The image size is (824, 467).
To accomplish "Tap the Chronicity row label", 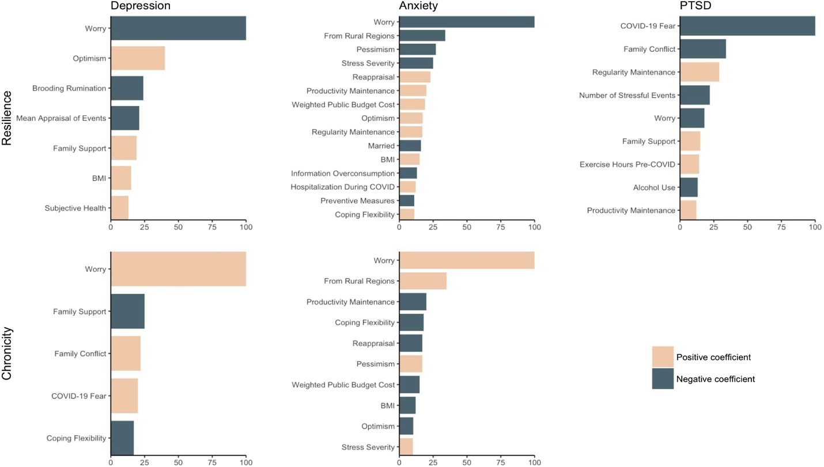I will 7,353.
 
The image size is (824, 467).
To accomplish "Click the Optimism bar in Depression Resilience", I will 138,58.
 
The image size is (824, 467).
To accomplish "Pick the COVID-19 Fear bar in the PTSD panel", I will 747,26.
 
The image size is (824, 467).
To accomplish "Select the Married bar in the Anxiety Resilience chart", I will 410,146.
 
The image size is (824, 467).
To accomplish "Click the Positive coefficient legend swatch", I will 663,357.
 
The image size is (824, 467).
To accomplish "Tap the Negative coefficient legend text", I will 715,379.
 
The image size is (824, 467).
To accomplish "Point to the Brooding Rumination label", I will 69,88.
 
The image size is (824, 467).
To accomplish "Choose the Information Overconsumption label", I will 343,173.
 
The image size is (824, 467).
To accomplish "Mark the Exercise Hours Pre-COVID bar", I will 689,164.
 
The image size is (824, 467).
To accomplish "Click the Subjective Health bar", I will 119,208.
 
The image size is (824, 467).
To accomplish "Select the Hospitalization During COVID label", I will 343,187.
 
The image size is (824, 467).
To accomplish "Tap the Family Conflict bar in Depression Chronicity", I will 126,354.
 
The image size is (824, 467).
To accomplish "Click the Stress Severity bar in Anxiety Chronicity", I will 406,447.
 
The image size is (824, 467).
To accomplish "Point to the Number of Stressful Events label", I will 627,95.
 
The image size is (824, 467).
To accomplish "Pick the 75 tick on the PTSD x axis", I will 781,227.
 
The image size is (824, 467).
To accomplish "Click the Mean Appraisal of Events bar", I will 124,118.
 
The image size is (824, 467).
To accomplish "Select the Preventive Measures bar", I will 406,201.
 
